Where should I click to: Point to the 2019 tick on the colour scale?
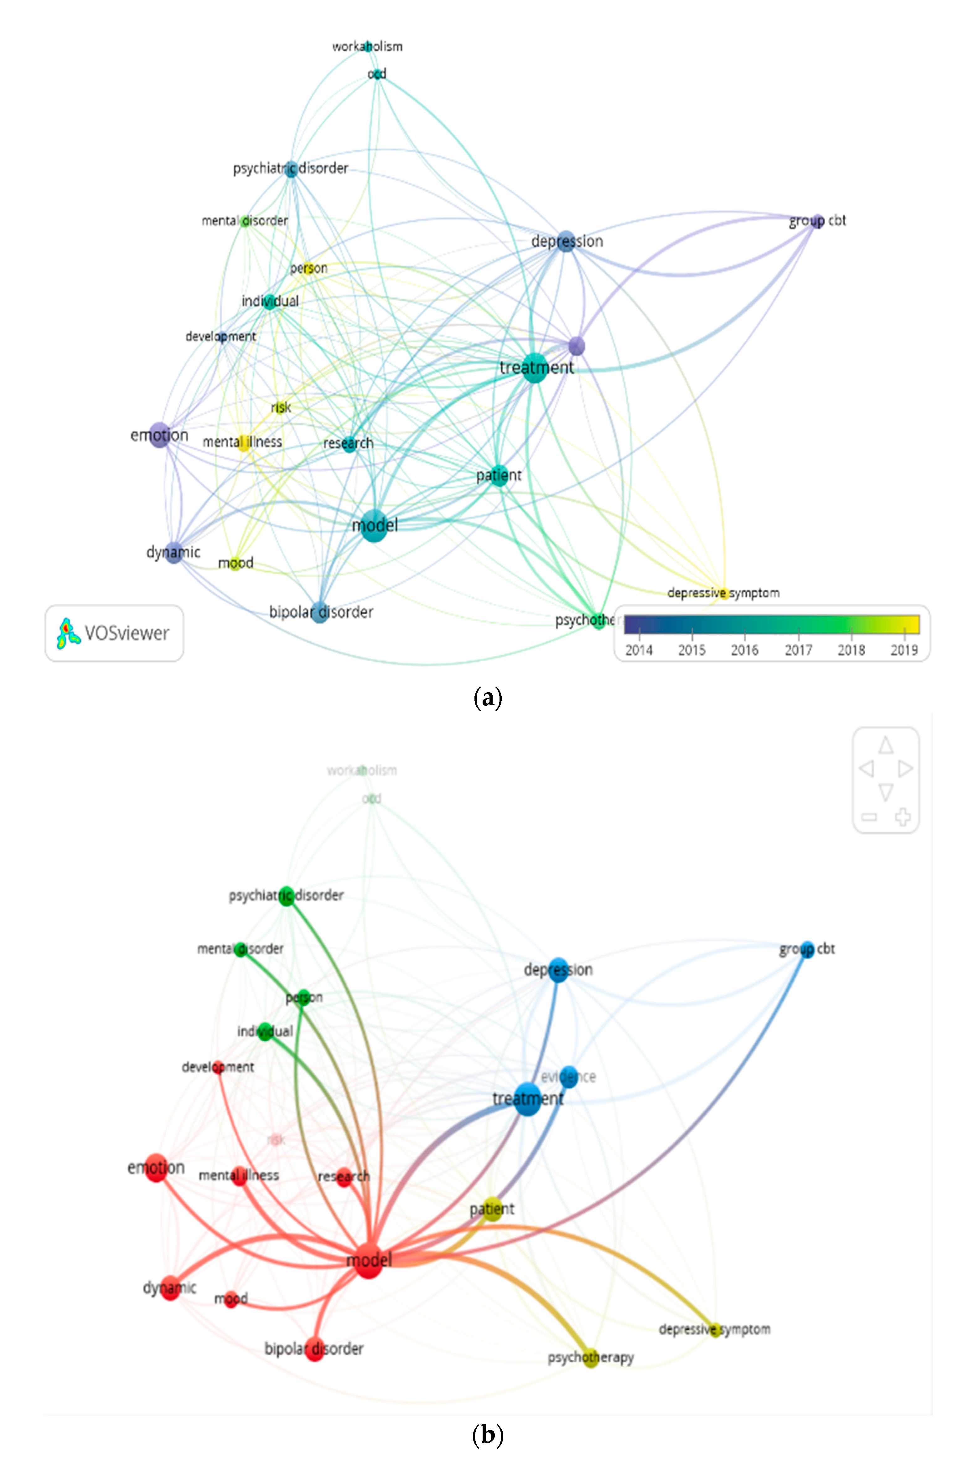coord(904,650)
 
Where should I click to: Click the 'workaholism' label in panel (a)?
coord(367,47)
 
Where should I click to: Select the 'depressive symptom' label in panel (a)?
coord(723,593)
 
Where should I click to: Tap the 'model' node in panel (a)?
coord(374,525)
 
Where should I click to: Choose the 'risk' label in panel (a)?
coord(281,407)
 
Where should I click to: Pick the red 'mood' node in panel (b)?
coord(231,1299)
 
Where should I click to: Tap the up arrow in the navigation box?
coord(886,744)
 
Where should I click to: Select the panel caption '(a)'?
coord(488,698)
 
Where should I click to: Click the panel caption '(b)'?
coord(488,1435)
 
